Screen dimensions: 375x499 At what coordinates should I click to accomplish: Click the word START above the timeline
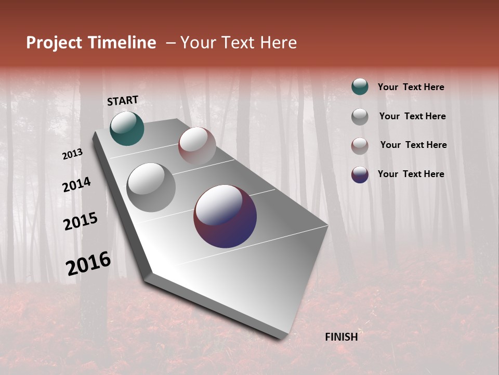point(123,101)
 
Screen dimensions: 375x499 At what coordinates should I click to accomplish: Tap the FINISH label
point(341,337)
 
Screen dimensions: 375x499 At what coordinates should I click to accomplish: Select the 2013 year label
point(72,154)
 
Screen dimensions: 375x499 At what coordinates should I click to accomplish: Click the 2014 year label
point(76,185)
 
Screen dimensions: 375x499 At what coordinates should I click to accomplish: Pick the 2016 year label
point(88,264)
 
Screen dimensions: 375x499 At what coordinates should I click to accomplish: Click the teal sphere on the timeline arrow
point(127,129)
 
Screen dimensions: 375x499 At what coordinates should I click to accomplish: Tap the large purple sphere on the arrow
point(225,216)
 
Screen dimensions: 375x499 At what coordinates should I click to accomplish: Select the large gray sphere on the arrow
point(151,187)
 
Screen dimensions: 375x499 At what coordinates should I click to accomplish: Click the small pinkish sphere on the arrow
point(197,146)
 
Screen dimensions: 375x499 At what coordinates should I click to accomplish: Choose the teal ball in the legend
point(360,87)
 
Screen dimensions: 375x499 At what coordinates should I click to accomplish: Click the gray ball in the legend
point(360,117)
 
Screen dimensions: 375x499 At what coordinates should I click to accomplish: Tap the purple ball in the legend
point(360,174)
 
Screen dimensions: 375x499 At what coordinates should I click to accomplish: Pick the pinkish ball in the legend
point(360,146)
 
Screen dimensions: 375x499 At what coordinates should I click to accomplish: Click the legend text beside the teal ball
point(411,87)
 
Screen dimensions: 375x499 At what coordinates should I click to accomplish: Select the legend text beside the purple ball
point(411,174)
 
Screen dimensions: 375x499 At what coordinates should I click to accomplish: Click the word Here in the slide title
point(278,43)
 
